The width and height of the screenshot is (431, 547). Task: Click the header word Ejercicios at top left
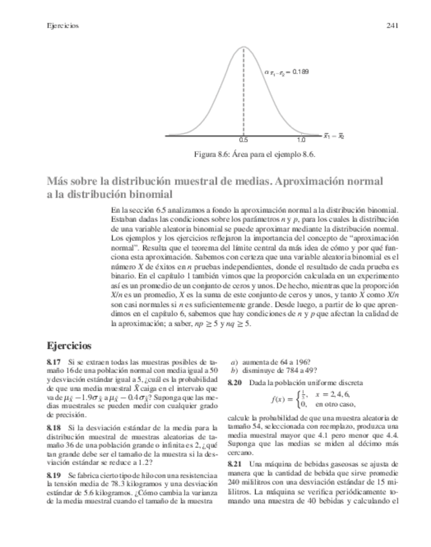pos(63,26)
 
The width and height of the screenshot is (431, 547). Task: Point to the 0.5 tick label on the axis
pos(244,140)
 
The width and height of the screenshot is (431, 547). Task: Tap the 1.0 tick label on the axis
pos(301,140)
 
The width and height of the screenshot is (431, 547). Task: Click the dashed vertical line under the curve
pos(244,97)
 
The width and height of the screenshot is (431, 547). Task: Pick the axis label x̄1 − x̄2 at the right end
pos(334,137)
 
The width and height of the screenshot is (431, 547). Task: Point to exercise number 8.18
pos(54,428)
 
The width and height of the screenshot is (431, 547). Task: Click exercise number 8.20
pos(235,383)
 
